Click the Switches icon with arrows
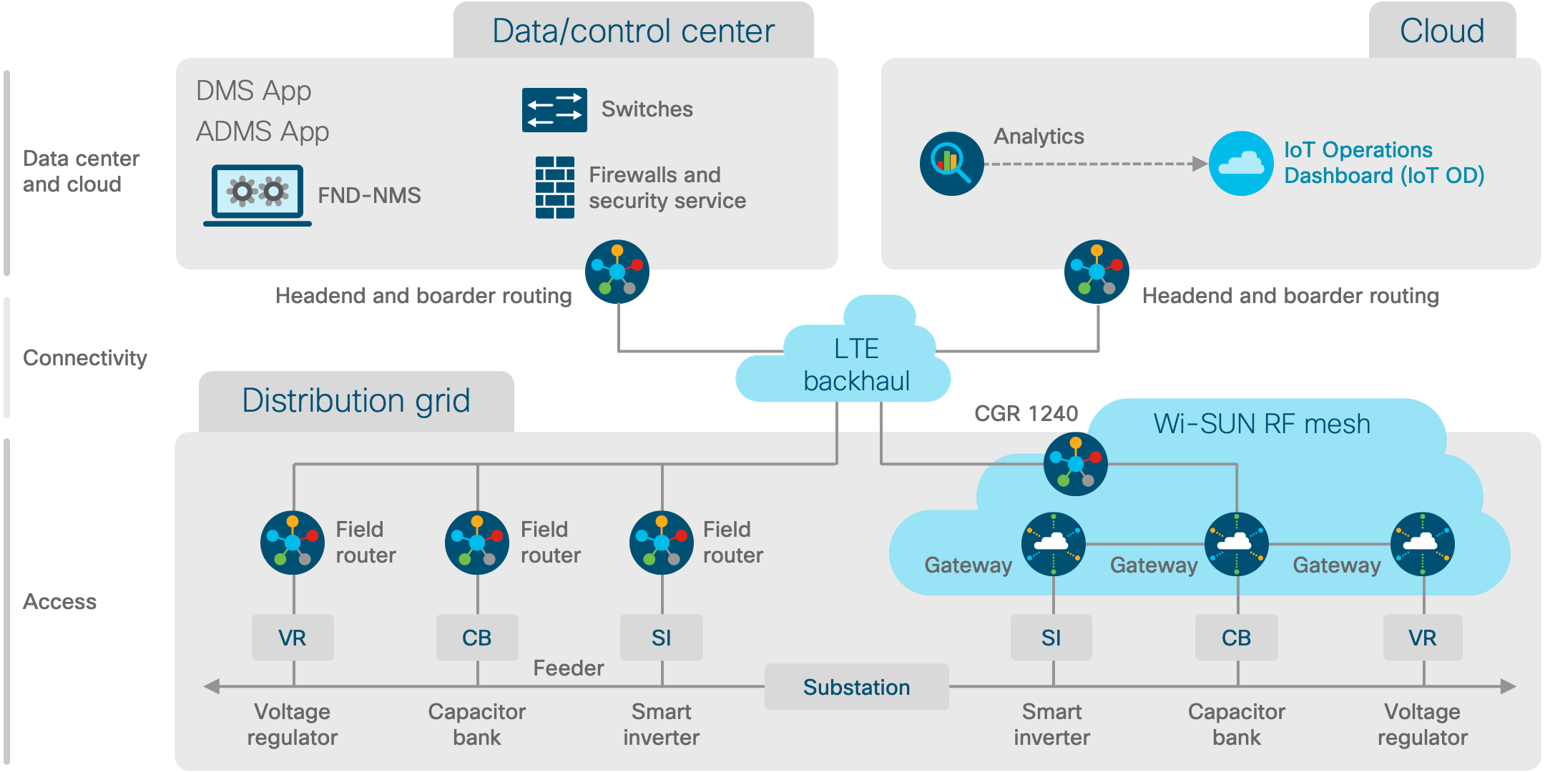554,110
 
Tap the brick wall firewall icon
554,187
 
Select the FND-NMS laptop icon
257,195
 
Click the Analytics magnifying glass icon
951,164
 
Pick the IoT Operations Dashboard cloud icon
1241,163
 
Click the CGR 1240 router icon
1075,464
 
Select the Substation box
856,687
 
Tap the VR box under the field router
293,637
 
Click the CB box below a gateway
1236,637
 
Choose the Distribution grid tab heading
356,401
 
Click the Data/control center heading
633,31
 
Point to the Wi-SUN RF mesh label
1262,424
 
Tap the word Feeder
569,668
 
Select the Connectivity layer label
85,357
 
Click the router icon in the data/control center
617,272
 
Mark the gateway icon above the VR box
1422,544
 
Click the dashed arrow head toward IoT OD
1200,164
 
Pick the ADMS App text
263,132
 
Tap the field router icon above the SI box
662,543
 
